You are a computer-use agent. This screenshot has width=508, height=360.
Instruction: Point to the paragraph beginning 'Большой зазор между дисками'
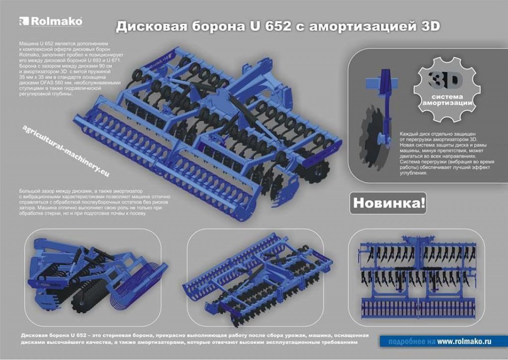tap(94, 202)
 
